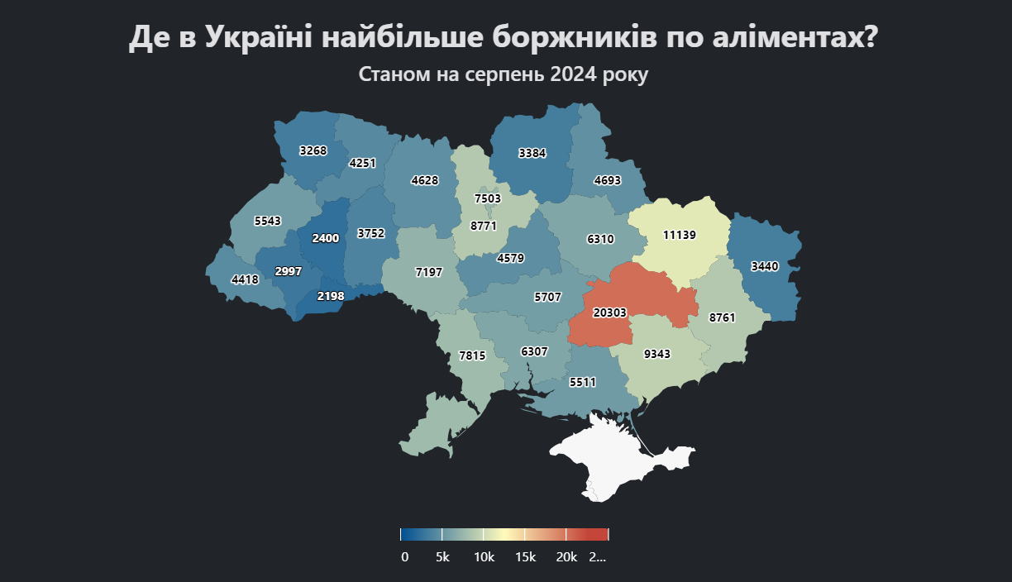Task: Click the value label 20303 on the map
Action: tap(610, 312)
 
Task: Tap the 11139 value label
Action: tap(680, 235)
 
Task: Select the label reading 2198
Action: tap(331, 296)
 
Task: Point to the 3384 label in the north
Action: tap(532, 153)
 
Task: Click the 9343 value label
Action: tap(657, 354)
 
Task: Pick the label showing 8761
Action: tap(722, 317)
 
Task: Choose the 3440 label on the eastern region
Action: tap(765, 266)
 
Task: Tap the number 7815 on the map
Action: tap(472, 355)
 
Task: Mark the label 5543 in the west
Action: tap(268, 222)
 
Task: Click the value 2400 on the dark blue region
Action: tap(325, 238)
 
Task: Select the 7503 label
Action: tap(488, 198)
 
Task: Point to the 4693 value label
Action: tap(607, 180)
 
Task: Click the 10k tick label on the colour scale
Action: tap(484, 557)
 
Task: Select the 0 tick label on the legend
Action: tap(404, 557)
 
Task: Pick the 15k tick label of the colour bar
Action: tap(525, 557)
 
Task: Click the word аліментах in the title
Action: tap(792, 38)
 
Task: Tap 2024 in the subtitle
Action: tap(572, 74)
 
